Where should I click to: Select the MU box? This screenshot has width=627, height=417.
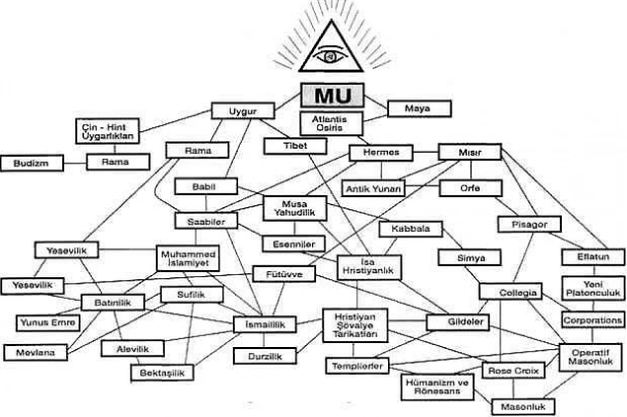(333, 96)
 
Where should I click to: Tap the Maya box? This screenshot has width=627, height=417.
(420, 108)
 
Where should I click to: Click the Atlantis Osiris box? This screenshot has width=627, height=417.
(332, 123)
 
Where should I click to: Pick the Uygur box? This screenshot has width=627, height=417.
(243, 110)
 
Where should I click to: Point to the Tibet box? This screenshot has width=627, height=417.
(295, 146)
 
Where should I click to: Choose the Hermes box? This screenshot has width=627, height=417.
(381, 153)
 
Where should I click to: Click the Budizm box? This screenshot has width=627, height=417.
(32, 164)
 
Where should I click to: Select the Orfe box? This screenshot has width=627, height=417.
(470, 188)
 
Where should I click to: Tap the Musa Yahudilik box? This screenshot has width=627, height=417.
(294, 208)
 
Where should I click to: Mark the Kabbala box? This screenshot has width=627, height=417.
(411, 229)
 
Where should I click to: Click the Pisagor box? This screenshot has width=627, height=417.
(529, 224)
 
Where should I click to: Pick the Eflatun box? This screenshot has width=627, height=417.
(593, 257)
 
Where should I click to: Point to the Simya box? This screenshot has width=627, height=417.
(470, 257)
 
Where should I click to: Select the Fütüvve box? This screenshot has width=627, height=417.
(284, 274)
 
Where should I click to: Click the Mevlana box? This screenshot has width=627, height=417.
(36, 352)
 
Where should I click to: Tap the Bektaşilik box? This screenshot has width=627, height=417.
(162, 373)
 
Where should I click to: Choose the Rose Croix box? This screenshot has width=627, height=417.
(513, 371)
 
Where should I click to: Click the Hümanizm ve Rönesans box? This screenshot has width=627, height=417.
(437, 386)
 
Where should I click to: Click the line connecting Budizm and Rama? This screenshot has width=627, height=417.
(75, 163)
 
